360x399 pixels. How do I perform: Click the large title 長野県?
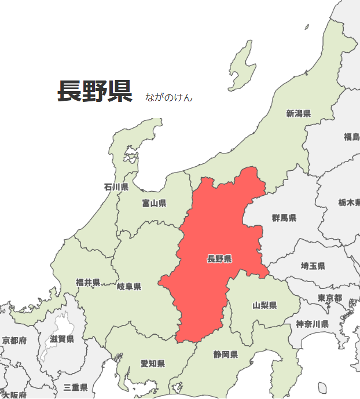pyautogui.click(x=95, y=91)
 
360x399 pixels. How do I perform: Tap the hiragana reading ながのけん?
pyautogui.click(x=169, y=97)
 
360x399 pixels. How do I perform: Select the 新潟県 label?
pyautogui.click(x=298, y=114)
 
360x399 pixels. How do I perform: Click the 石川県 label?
pyautogui.click(x=116, y=187)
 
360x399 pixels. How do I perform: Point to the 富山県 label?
pyautogui.click(x=154, y=203)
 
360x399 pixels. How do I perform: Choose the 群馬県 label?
pyautogui.click(x=284, y=218)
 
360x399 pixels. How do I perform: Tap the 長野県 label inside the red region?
pyautogui.click(x=219, y=259)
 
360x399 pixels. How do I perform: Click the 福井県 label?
pyautogui.click(x=88, y=283)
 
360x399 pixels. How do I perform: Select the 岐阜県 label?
pyautogui.click(x=128, y=287)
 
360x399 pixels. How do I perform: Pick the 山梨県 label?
pyautogui.click(x=264, y=305)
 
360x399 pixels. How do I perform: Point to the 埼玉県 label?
pyautogui.click(x=313, y=266)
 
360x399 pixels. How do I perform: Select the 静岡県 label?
pyautogui.click(x=225, y=354)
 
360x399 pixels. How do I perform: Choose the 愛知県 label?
pyautogui.click(x=152, y=364)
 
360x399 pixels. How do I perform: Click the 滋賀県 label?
pyautogui.click(x=62, y=339)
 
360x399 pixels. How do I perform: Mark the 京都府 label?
pyautogui.click(x=14, y=341)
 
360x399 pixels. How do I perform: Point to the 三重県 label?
pyautogui.click(x=75, y=387)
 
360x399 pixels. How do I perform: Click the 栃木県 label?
pyautogui.click(x=350, y=203)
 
